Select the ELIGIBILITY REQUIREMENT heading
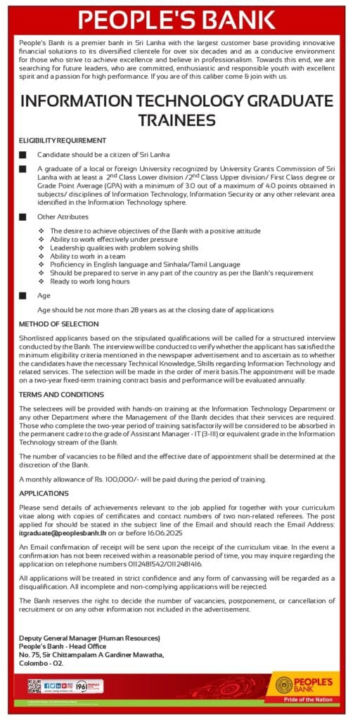click(63, 141)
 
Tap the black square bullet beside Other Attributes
click(22, 217)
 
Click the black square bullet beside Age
click(22, 296)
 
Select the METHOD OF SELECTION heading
click(59, 324)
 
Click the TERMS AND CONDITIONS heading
click(62, 395)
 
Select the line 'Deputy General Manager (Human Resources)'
click(89, 638)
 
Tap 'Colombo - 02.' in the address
click(41, 663)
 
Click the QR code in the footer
click(34, 686)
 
